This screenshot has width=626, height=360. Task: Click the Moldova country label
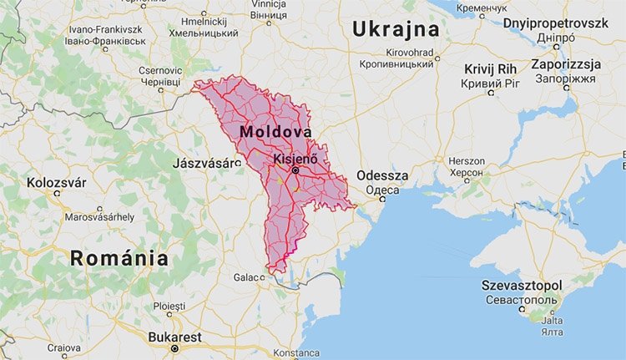pos(275,133)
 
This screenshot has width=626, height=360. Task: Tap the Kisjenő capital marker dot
pos(295,170)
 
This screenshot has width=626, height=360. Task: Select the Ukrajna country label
pos(396,30)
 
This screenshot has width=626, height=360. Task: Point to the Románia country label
pos(119,258)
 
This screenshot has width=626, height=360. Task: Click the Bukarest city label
pos(174,337)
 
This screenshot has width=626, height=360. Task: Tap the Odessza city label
pos(382,175)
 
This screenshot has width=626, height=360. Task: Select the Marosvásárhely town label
pos(99,217)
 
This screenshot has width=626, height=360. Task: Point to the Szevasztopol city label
pos(522,286)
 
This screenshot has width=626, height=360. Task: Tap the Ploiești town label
pos(170,307)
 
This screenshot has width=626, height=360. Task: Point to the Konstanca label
pos(296,353)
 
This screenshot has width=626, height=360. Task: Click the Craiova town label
pos(64,347)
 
